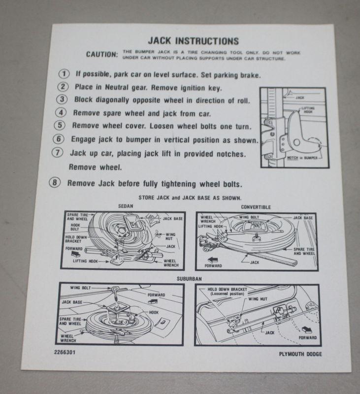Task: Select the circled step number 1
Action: [x=64, y=74]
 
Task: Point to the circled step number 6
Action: [x=60, y=139]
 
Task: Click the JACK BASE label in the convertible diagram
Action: [x=303, y=217]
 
